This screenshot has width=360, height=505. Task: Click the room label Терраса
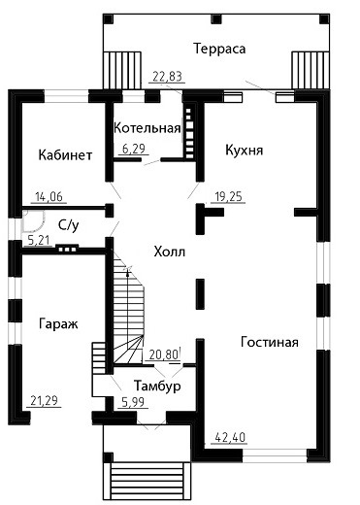click(219, 49)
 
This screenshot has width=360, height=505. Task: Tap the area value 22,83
click(167, 77)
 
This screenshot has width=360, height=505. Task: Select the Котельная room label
click(147, 128)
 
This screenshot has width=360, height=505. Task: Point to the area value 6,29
click(134, 149)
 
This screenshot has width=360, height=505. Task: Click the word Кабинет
click(65, 155)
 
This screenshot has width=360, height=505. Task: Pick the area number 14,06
click(49, 196)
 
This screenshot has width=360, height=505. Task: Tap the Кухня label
click(245, 151)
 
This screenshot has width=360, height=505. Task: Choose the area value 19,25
click(228, 196)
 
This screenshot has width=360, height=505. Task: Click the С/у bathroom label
click(69, 225)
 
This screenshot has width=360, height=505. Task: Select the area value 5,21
click(39, 240)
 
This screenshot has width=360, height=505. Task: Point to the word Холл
click(170, 252)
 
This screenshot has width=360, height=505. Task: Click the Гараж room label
click(58, 323)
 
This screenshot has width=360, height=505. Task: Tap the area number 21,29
click(44, 400)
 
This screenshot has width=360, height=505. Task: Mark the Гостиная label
click(270, 342)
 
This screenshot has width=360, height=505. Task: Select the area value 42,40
click(230, 437)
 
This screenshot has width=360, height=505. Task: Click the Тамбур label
click(157, 386)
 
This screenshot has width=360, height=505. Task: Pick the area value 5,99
click(133, 402)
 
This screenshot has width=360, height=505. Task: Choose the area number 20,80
click(164, 355)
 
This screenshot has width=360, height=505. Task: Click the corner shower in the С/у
click(33, 220)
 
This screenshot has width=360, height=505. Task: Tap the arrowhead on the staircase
click(128, 272)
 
